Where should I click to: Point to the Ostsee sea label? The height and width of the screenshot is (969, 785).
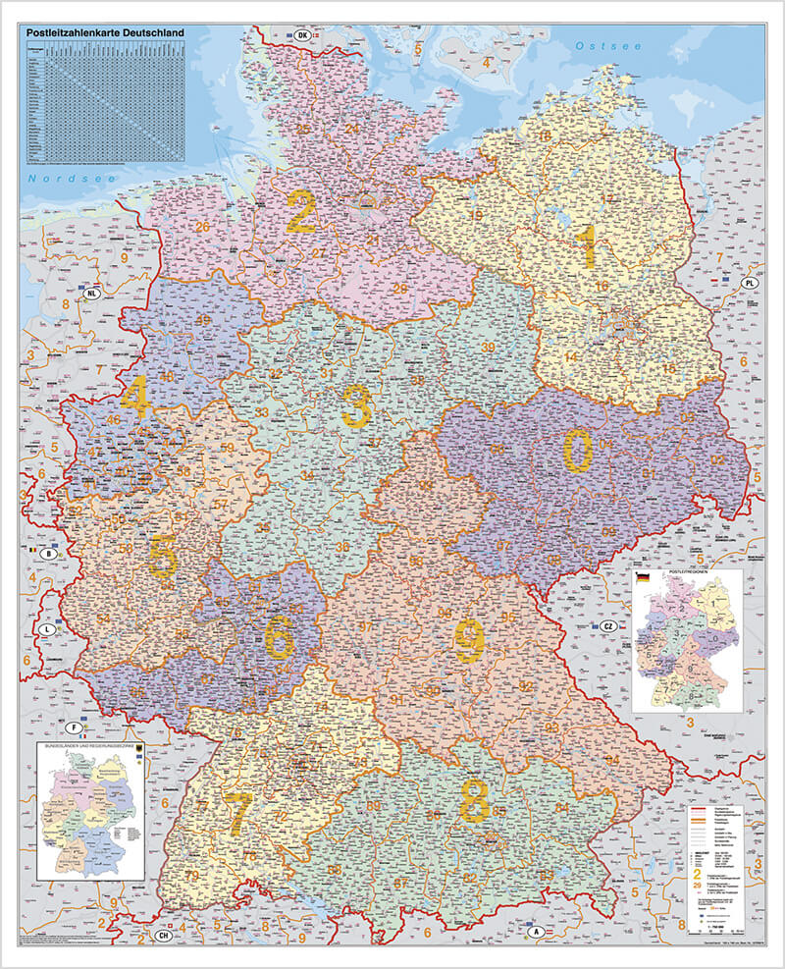click(607, 46)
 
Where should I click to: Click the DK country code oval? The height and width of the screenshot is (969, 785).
click(302, 35)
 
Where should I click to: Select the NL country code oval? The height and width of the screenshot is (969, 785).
click(92, 294)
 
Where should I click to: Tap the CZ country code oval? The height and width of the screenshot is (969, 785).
click(608, 625)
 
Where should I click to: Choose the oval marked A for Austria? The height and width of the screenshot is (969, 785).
click(537, 930)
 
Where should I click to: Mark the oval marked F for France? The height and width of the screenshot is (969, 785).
click(73, 727)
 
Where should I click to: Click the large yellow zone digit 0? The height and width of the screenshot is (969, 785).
click(577, 452)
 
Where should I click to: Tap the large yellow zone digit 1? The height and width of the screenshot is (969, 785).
click(588, 247)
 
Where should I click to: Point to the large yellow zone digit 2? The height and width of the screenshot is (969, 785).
click(301, 211)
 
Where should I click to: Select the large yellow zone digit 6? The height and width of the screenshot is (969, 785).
click(280, 639)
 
